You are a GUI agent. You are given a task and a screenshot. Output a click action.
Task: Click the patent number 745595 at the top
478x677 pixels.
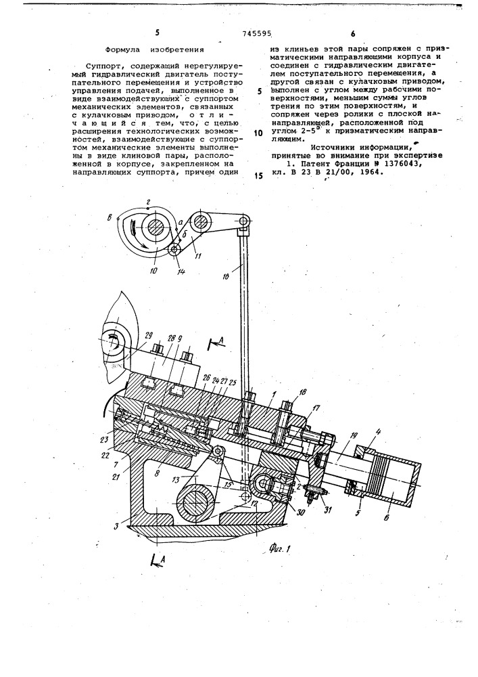(x=258, y=33)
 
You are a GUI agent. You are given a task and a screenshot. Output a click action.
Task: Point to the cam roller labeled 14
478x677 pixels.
(x=175, y=250)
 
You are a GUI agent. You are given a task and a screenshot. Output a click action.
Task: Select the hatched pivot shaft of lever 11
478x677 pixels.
(x=199, y=222)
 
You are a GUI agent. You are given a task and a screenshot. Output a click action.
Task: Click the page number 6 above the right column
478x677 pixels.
(x=353, y=34)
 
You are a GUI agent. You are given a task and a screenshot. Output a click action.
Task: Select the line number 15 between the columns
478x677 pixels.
(x=259, y=175)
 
